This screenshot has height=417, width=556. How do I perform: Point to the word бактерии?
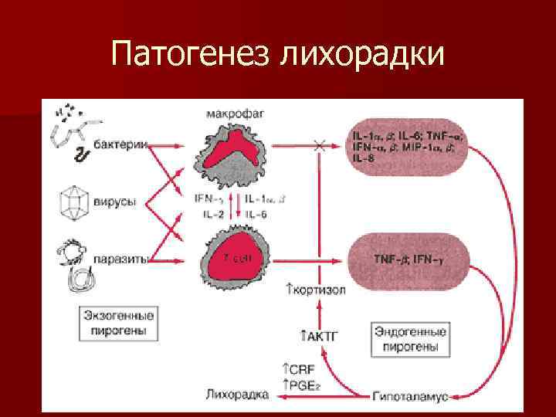pyautogui.click(x=117, y=146)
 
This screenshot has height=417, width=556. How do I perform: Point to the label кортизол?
pyautogui.click(x=315, y=290)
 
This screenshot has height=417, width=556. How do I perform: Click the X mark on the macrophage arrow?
pyautogui.click(x=317, y=145)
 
